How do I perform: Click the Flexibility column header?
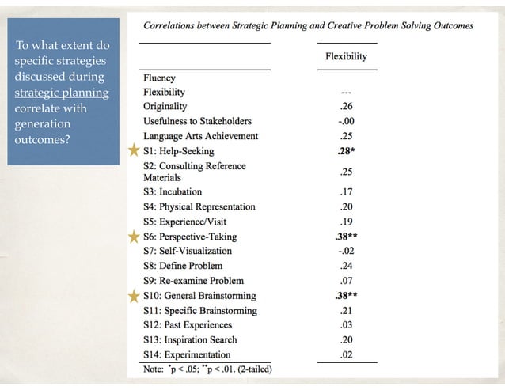coord(346,57)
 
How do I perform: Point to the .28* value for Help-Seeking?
coord(347,151)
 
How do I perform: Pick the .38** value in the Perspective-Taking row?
coord(347,237)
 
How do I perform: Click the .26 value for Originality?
coord(345,107)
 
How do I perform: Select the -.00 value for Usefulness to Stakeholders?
coord(345,122)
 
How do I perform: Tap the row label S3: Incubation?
coord(173,192)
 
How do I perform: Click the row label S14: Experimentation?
coord(187,355)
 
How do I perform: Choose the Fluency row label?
coord(159,78)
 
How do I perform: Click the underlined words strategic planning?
coord(62,93)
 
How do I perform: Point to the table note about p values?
coord(207,369)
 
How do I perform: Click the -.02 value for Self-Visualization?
coord(345,252)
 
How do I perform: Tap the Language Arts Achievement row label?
coord(200,136)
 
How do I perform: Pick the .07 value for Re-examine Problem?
coord(345,281)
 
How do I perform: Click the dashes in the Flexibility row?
coord(345,93)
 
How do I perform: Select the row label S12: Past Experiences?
coord(188,325)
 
